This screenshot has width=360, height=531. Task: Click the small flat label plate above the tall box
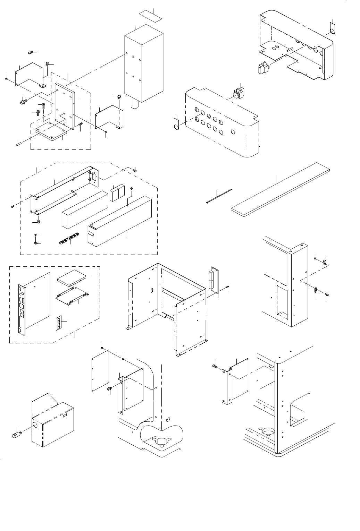[x=151, y=17]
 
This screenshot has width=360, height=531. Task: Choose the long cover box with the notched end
[x=120, y=222]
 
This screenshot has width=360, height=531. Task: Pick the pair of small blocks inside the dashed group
[x=117, y=194]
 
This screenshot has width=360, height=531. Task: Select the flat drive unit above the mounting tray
[x=72, y=277]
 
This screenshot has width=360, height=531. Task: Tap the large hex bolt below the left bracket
[x=24, y=102]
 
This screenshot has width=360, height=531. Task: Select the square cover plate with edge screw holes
[x=100, y=371]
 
